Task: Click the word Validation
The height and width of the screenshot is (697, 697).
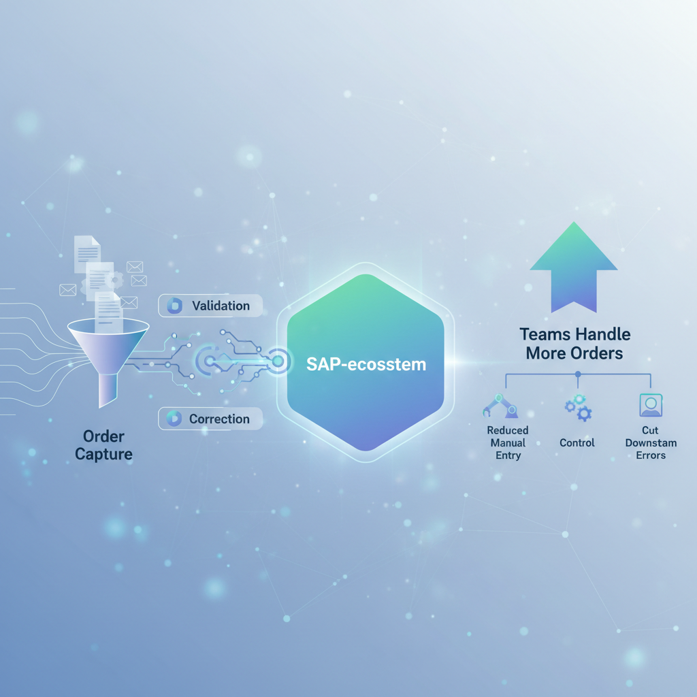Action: pyautogui.click(x=221, y=306)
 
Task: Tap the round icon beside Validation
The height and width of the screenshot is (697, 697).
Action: pyautogui.click(x=174, y=306)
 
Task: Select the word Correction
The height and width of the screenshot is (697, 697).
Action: pyautogui.click(x=219, y=419)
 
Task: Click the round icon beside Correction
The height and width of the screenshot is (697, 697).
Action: pyautogui.click(x=174, y=419)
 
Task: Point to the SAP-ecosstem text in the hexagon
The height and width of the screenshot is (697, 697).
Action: pyautogui.click(x=366, y=365)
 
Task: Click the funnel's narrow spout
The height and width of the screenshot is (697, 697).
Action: pyautogui.click(x=108, y=390)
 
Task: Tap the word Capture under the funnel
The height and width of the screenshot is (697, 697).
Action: pyautogui.click(x=103, y=454)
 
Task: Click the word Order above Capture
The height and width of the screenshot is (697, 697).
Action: pyautogui.click(x=103, y=436)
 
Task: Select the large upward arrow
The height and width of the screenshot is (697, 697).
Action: pyautogui.click(x=573, y=267)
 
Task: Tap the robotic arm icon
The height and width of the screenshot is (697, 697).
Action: pyautogui.click(x=500, y=406)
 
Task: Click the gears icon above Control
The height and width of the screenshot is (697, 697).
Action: pyautogui.click(x=578, y=407)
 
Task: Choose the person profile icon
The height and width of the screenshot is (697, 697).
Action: pyautogui.click(x=651, y=405)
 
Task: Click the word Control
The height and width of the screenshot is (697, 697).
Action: pyautogui.click(x=577, y=442)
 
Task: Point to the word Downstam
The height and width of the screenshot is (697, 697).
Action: pyautogui.click(x=651, y=442)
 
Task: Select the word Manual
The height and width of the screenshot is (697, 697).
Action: pyautogui.click(x=508, y=442)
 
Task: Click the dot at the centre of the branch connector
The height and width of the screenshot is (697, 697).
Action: pyautogui.click(x=578, y=374)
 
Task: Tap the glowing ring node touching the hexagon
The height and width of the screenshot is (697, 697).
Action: pyautogui.click(x=278, y=361)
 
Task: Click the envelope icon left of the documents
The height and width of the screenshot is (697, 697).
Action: pyautogui.click(x=67, y=290)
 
